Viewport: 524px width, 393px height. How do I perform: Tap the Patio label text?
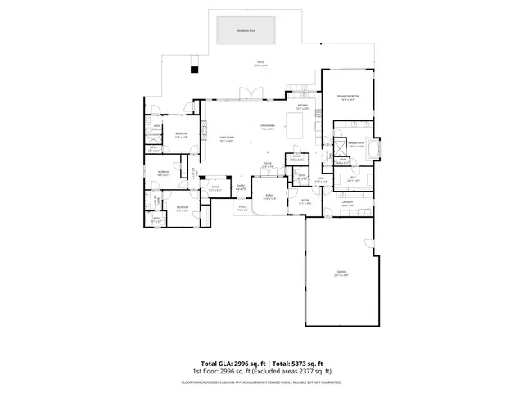(260, 63)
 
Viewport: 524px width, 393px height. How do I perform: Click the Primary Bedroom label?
(349, 97)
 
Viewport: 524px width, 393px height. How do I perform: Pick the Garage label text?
(340, 273)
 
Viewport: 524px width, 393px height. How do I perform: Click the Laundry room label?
(347, 202)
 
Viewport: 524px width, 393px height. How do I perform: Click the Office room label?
(215, 188)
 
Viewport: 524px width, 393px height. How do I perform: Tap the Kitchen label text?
(301, 106)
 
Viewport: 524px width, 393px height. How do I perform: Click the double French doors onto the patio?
(245, 93)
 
